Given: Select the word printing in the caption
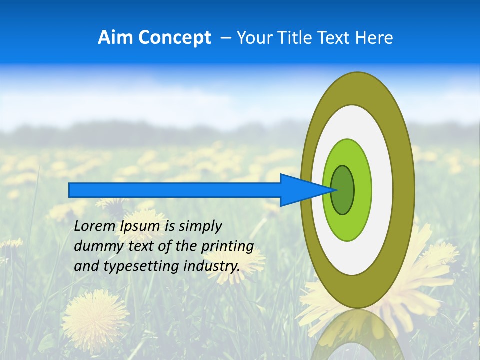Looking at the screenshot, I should click(227, 247).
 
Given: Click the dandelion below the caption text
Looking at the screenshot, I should click(95, 315).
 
